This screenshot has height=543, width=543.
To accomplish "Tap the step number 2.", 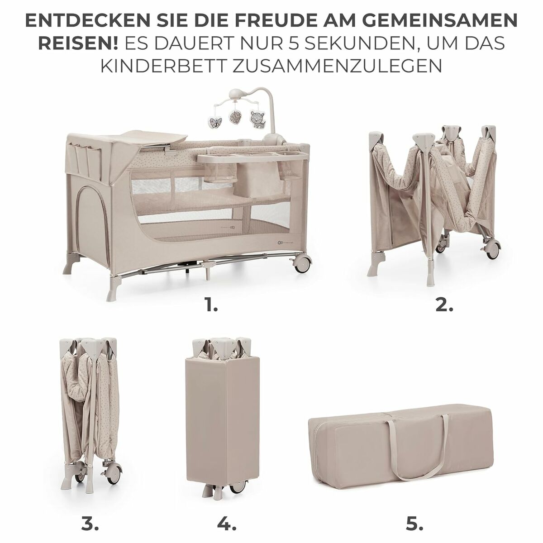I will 444,306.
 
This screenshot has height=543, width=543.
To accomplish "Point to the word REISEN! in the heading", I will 78,43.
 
